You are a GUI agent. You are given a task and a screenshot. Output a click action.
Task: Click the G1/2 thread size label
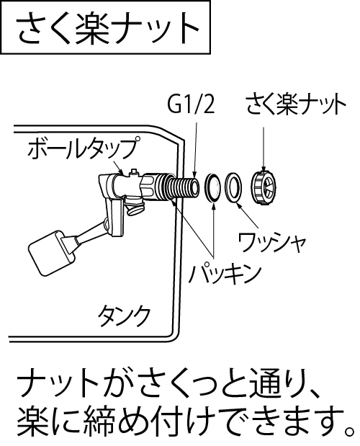191,106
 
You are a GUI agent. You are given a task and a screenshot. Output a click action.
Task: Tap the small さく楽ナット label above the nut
296,104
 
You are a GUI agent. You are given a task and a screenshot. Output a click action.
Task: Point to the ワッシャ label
272,243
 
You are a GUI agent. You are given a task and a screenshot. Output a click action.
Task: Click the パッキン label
225,275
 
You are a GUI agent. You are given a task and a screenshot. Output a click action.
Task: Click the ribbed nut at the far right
264,187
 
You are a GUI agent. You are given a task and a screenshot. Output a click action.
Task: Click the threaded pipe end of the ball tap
184,187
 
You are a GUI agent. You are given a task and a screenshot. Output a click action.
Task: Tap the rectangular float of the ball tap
51,254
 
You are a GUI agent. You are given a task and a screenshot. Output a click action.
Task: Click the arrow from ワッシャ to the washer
248,215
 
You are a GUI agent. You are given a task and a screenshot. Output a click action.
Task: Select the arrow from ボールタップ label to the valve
118,167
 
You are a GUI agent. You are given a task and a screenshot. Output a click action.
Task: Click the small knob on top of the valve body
133,173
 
